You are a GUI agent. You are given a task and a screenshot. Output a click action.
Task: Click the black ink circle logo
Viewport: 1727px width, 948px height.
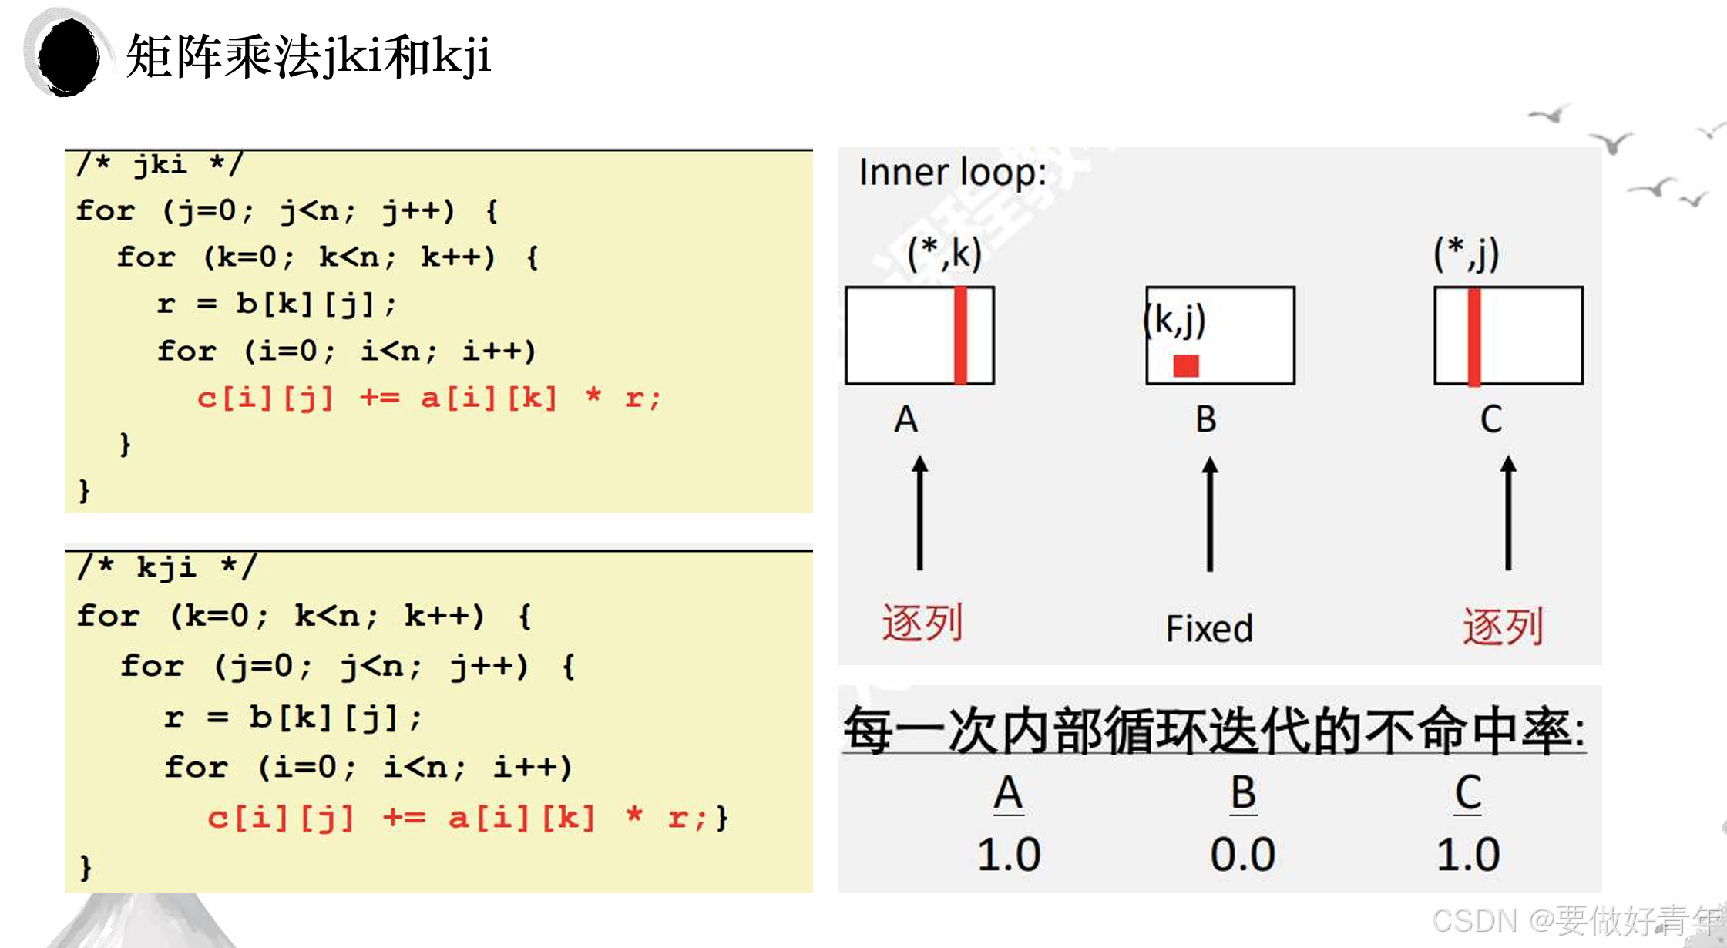click(68, 57)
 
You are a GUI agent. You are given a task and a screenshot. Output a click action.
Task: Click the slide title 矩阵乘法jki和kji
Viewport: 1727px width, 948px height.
click(308, 55)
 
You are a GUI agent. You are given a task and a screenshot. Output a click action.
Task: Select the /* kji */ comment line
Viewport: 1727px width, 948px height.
click(166, 567)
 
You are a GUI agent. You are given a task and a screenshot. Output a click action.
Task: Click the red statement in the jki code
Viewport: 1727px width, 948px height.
click(428, 398)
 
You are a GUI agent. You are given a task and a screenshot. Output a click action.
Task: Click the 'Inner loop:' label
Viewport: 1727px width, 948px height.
click(953, 172)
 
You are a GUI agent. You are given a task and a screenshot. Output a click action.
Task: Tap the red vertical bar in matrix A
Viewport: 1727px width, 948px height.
click(960, 335)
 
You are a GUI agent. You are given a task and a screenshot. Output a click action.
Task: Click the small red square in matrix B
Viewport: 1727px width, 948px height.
click(1186, 365)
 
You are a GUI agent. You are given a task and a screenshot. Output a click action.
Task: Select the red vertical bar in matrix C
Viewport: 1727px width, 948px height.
click(1474, 336)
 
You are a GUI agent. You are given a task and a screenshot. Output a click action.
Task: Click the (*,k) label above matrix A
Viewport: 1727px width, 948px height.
click(944, 253)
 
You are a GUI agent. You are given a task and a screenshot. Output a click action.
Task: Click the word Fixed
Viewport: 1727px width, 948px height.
click(1209, 629)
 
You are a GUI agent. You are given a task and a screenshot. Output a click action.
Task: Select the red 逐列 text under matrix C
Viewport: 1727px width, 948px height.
click(1503, 626)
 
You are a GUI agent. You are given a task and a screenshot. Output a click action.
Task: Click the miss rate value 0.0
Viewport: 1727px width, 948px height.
click(1242, 854)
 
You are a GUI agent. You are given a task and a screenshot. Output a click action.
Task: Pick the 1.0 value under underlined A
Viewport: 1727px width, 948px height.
click(1009, 854)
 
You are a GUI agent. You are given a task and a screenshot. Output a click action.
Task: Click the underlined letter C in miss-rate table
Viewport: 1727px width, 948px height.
click(1468, 792)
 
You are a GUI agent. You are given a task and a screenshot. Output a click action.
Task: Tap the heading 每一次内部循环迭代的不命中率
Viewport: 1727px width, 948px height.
click(1214, 730)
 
